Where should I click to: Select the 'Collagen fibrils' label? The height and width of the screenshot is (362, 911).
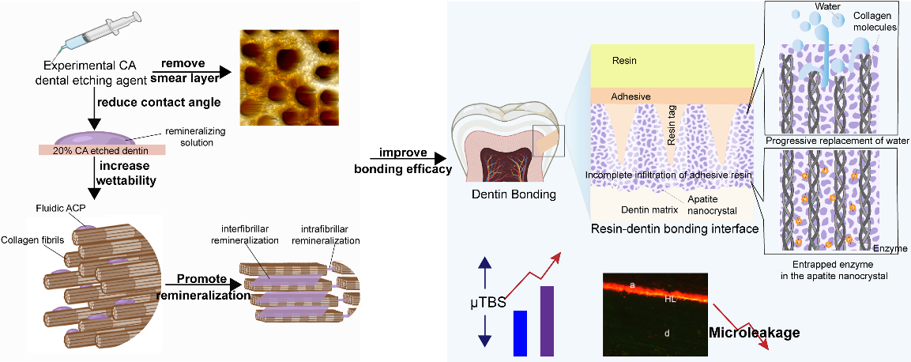(31, 239)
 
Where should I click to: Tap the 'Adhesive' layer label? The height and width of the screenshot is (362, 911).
(631, 96)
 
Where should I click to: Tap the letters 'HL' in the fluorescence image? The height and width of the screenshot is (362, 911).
(668, 300)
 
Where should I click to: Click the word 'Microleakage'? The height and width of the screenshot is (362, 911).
(755, 333)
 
